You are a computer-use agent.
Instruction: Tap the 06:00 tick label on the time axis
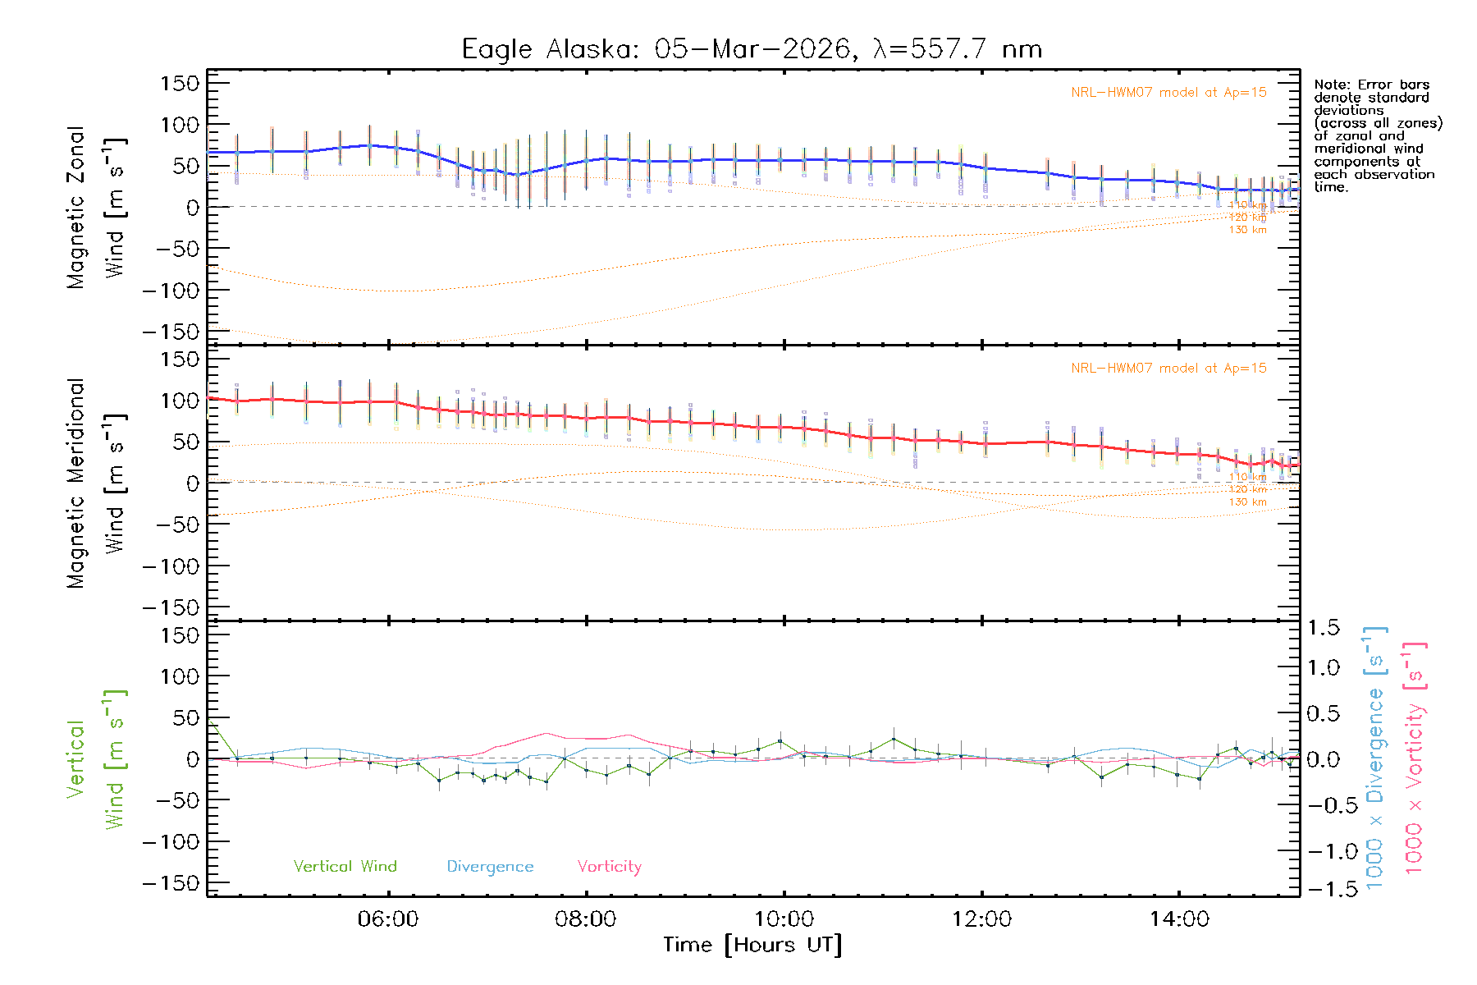[x=388, y=919]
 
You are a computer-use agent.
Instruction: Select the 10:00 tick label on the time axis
[x=784, y=919]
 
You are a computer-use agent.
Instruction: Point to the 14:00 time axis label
[x=1179, y=919]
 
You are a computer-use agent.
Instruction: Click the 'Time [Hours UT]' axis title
[x=752, y=946]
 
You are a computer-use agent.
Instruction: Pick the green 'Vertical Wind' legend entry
[x=345, y=867]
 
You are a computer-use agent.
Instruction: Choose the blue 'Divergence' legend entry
[x=490, y=867]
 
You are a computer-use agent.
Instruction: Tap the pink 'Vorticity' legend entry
[x=609, y=867]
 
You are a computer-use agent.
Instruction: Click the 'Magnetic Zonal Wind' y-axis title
[x=97, y=207]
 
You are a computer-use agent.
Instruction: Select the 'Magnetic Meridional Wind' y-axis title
[x=97, y=483]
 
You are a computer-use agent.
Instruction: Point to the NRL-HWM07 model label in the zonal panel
[x=1168, y=93]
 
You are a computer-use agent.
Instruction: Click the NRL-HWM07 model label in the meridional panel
[x=1168, y=369]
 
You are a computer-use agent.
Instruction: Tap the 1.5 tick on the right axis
[x=1323, y=628]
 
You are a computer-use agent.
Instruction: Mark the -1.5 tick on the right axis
[x=1323, y=889]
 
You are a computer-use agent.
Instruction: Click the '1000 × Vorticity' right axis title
[x=1415, y=759]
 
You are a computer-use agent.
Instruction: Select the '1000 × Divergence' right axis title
[x=1375, y=759]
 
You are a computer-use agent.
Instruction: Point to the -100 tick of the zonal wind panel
[x=171, y=291]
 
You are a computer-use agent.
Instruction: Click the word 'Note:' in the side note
[x=1332, y=85]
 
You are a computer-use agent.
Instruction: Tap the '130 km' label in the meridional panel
[x=1247, y=502]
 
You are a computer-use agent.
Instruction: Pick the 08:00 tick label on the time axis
[x=586, y=919]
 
